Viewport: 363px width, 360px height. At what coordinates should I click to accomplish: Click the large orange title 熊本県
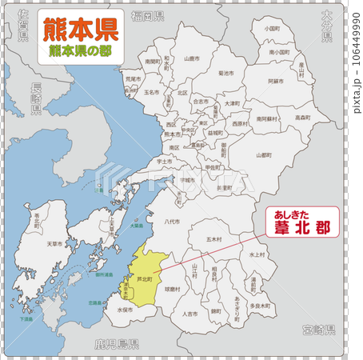pos(80,30)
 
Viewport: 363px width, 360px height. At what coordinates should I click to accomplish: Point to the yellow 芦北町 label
pos(145,279)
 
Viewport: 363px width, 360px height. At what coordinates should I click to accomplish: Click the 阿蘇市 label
pos(274,81)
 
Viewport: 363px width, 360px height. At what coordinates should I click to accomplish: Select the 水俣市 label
pos(126,309)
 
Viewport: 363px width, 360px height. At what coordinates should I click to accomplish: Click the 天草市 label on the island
pos(54,243)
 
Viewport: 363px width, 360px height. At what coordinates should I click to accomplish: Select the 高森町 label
pos(301,118)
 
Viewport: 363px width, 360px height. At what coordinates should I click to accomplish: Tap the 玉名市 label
pos(152,93)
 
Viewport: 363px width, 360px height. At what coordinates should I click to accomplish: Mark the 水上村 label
pos(257,254)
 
